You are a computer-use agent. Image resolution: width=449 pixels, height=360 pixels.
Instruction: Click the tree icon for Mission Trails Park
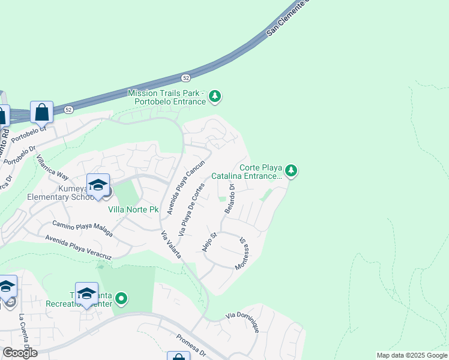point(215,96)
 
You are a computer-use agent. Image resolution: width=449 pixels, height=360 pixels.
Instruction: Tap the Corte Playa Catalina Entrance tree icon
point(291,172)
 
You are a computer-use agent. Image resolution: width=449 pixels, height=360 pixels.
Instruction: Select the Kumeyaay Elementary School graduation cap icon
point(97,187)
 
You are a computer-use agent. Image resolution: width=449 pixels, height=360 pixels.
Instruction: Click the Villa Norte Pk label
point(133,210)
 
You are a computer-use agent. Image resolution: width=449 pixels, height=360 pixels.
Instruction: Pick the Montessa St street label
point(243,253)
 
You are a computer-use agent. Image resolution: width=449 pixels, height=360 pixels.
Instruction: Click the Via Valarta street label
point(172,245)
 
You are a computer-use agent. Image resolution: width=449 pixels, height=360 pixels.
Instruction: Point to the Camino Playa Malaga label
point(82,229)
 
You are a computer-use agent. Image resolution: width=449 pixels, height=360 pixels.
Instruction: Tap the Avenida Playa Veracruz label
point(79,247)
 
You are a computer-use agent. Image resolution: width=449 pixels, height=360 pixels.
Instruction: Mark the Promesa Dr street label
point(191,345)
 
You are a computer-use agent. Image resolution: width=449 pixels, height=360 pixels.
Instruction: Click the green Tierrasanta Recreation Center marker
point(121,298)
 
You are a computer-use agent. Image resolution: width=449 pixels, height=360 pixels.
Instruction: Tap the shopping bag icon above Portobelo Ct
point(41,112)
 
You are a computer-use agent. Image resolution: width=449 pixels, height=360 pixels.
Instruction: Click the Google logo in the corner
point(19,353)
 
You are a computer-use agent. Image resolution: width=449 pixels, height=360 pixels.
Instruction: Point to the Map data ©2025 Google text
point(412,355)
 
